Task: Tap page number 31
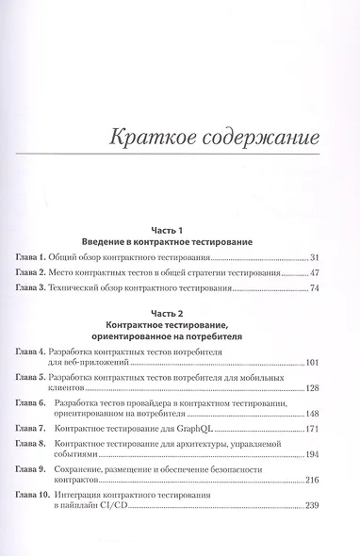pyautogui.click(x=315, y=256)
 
